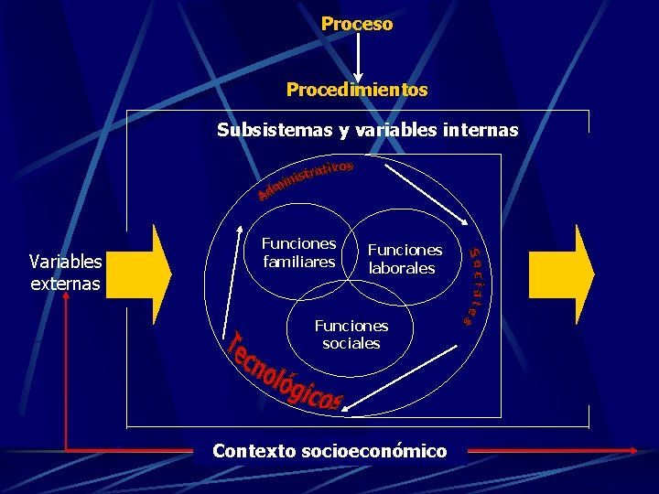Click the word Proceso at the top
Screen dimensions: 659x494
(x=357, y=24)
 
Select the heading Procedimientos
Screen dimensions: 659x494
(x=357, y=90)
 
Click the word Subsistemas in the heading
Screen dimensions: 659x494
(x=275, y=130)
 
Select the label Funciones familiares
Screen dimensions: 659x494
(x=298, y=252)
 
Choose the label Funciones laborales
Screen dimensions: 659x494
(x=404, y=259)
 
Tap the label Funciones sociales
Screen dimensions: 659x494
(x=351, y=334)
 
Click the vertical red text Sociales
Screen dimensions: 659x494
(x=474, y=286)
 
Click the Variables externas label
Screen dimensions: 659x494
(x=65, y=273)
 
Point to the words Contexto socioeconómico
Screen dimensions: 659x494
(x=329, y=451)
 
